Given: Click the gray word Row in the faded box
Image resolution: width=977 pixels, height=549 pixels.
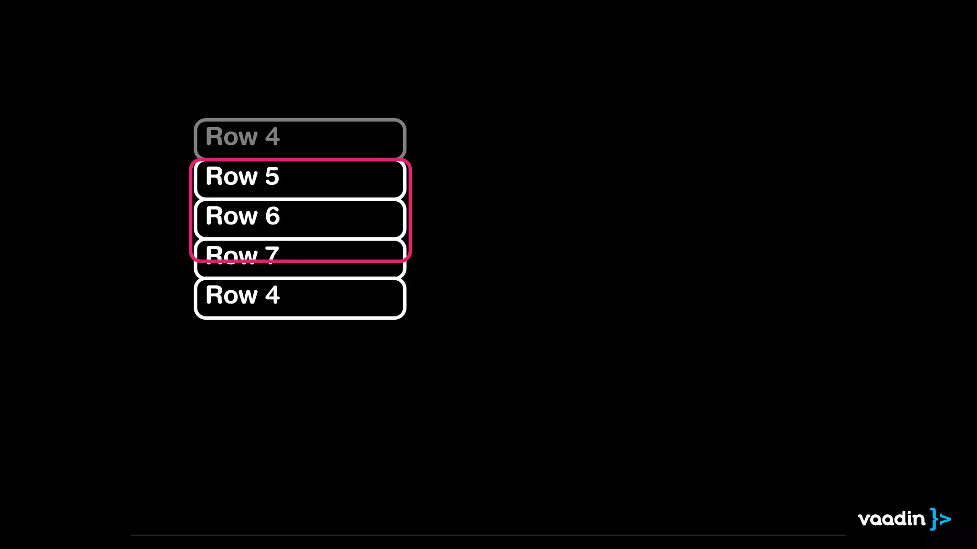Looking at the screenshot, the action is coord(231,137).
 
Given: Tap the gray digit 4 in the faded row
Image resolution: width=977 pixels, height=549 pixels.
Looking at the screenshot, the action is coord(272,137).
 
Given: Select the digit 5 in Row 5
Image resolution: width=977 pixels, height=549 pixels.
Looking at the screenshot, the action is coord(272,176).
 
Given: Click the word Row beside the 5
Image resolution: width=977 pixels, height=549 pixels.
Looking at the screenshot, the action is coord(231,176).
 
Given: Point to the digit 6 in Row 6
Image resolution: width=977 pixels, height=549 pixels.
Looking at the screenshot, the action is coord(272,216).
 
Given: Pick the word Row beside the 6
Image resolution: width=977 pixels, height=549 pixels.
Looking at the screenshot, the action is coord(231,216).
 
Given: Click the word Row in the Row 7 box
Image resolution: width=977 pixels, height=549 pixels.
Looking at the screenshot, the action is coord(231,254).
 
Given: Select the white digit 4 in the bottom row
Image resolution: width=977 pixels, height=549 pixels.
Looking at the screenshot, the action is coord(272,295).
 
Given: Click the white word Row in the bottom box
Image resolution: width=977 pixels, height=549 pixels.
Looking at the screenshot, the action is coord(231,295).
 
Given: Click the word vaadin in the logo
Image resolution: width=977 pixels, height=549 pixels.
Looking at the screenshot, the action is coord(891,518).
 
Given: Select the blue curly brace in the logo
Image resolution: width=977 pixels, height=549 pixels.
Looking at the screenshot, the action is coord(934,519).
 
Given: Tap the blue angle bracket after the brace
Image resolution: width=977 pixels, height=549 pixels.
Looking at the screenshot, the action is coord(945,519).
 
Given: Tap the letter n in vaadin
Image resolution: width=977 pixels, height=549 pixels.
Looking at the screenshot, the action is coord(919,520).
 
